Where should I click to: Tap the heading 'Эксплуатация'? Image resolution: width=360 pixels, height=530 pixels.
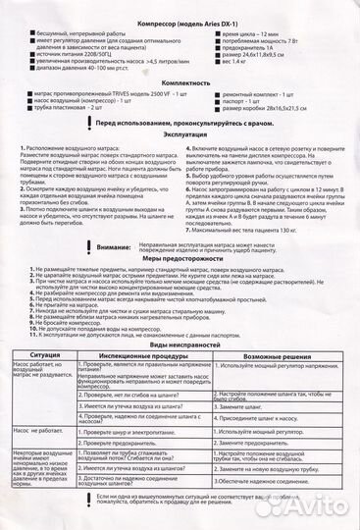click(180, 135)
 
